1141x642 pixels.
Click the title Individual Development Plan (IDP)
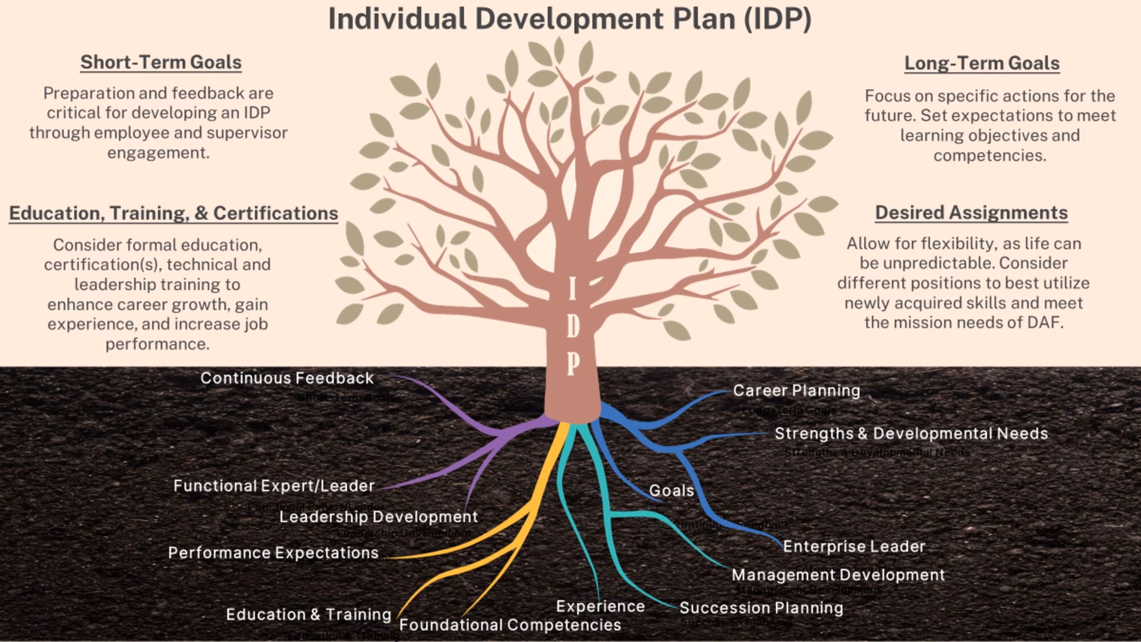click(x=569, y=19)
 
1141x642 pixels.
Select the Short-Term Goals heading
click(x=161, y=62)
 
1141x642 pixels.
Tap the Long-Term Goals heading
click(x=982, y=63)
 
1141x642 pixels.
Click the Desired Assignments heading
click(x=971, y=213)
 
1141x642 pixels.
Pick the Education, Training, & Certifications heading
click(x=174, y=213)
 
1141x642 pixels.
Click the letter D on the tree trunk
click(x=572, y=326)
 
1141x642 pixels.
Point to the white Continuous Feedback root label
click(x=287, y=378)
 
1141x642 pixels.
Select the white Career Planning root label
click(x=796, y=391)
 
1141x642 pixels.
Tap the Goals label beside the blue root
click(x=672, y=491)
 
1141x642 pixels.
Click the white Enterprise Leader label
click(x=854, y=547)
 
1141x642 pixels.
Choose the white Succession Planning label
click(x=761, y=608)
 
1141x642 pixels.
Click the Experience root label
click(x=600, y=606)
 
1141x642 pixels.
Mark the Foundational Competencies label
click(x=510, y=625)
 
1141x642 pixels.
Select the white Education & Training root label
click(x=308, y=615)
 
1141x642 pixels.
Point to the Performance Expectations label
click(x=273, y=553)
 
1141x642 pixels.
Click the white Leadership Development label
click(x=379, y=517)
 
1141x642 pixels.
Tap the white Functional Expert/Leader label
click(x=274, y=486)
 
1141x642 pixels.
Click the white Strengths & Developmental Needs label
click(x=911, y=434)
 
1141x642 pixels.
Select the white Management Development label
click(x=838, y=575)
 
